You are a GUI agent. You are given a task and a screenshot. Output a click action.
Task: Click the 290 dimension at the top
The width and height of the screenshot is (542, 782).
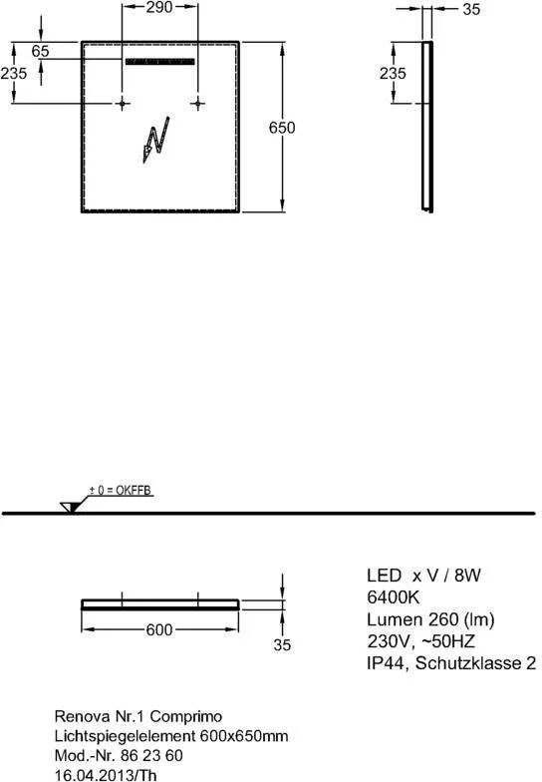(x=159, y=7)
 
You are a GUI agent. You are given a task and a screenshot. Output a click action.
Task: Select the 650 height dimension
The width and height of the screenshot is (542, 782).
(x=282, y=128)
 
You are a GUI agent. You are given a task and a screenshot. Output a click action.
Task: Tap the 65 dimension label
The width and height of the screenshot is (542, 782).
(x=40, y=51)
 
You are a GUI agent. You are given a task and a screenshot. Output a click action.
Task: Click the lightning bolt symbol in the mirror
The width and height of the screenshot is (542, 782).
(x=155, y=140)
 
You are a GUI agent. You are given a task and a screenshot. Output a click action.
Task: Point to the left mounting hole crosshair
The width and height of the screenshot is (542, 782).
(x=122, y=104)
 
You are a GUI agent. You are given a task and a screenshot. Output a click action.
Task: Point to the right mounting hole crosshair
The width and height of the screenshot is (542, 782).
(x=197, y=104)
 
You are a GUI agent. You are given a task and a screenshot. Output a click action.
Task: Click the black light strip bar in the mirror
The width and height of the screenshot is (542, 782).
(x=159, y=62)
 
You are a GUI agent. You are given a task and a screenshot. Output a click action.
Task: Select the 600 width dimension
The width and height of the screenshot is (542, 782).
(x=159, y=630)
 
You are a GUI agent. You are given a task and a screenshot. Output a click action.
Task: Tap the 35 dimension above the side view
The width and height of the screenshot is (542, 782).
(x=471, y=9)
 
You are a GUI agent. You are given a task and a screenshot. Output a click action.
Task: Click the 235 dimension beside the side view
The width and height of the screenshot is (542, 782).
(x=393, y=74)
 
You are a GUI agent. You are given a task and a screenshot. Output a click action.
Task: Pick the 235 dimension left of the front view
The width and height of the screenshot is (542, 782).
(x=14, y=74)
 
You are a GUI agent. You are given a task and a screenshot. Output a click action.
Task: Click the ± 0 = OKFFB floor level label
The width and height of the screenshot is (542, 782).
(x=120, y=491)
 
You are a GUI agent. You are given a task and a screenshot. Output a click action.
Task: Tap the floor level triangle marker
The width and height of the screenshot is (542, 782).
(x=70, y=508)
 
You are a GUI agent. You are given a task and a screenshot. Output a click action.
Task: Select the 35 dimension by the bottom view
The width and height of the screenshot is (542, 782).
(x=282, y=644)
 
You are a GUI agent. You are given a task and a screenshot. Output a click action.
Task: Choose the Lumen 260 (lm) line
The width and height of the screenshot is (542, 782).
(x=430, y=619)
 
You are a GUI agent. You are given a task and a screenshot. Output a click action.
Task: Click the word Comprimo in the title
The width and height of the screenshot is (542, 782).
(x=185, y=716)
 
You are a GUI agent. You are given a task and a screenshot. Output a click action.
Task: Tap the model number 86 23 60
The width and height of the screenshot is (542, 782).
(x=151, y=756)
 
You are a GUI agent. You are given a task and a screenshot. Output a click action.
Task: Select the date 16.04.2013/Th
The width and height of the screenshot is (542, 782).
(x=106, y=775)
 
